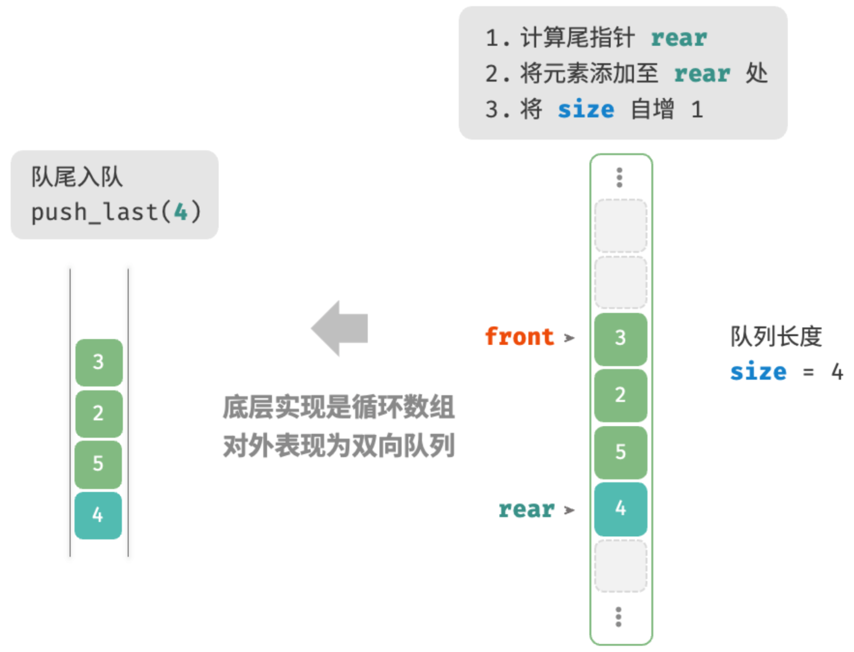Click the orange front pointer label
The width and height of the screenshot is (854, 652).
[519, 336]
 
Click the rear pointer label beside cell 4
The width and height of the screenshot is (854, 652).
[526, 510]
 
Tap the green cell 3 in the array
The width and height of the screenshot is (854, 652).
[621, 339]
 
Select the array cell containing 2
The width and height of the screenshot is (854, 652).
[621, 396]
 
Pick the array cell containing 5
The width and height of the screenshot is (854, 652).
[621, 452]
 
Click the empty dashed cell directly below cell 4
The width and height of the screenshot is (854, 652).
[621, 566]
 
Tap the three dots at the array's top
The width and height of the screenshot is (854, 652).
[620, 178]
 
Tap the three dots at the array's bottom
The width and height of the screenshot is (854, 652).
[619, 617]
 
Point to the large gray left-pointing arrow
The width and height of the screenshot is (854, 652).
[340, 328]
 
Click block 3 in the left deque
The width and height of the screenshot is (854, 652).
[99, 363]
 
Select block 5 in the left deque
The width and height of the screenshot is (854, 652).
[98, 464]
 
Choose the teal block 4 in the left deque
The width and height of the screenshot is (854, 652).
[98, 515]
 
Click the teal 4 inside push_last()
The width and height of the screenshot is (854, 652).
[181, 212]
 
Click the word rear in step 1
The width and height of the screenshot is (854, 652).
[679, 38]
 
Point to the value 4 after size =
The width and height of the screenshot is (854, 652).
[838, 372]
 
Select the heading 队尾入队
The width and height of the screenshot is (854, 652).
[77, 177]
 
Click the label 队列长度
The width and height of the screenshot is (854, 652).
[776, 336]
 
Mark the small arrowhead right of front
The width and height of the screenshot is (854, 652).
[569, 338]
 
